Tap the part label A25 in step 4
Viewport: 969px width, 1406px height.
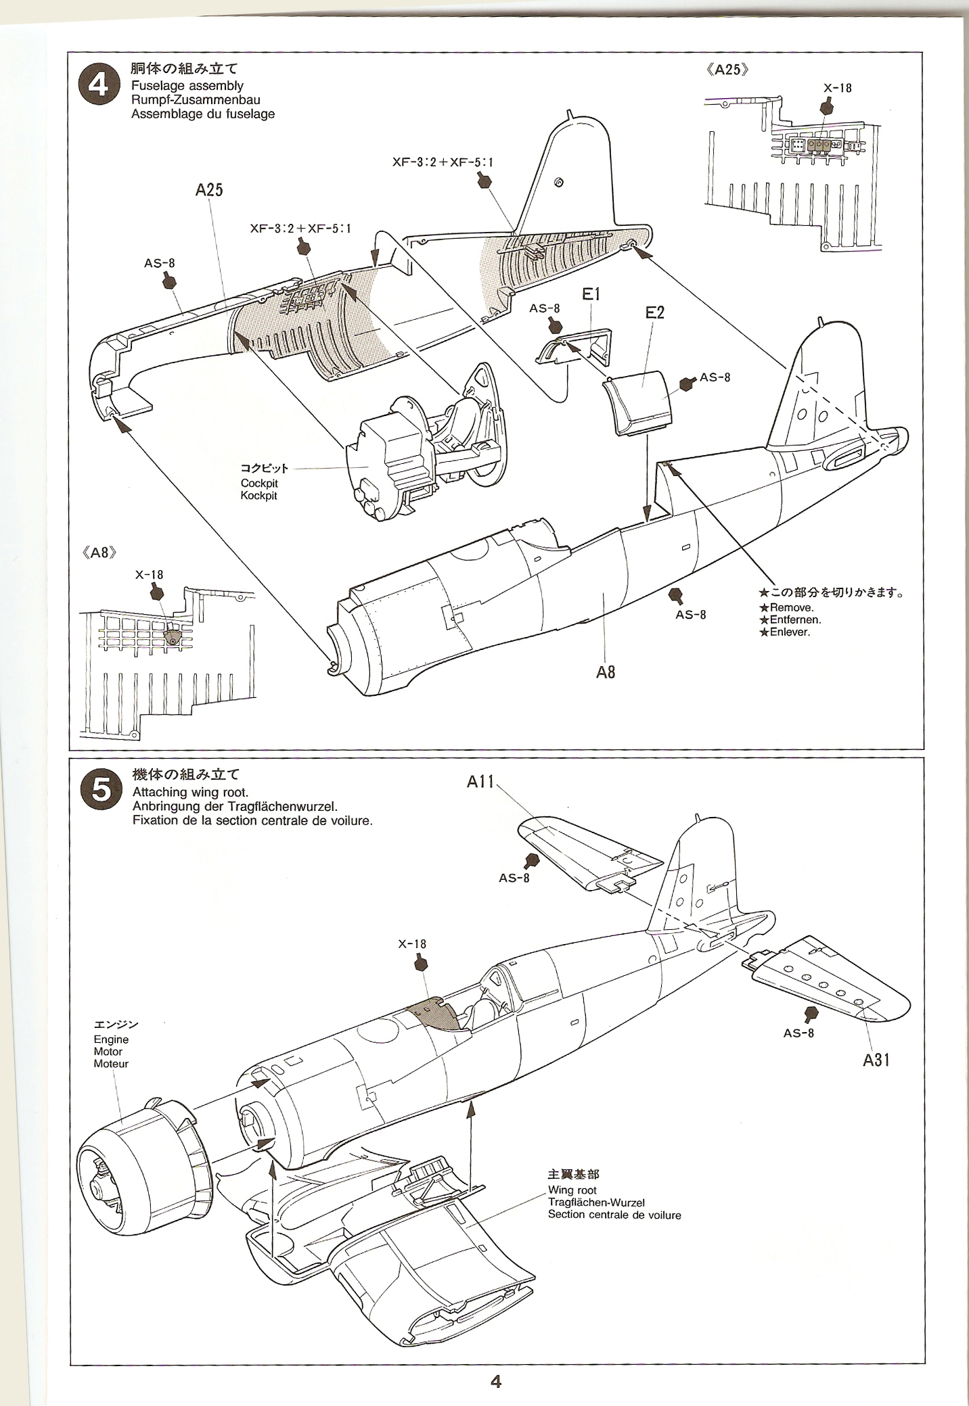pyautogui.click(x=209, y=190)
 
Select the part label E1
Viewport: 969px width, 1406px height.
pyautogui.click(x=591, y=294)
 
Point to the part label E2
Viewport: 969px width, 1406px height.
pyautogui.click(x=655, y=312)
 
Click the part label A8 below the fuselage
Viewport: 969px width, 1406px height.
pyautogui.click(x=606, y=672)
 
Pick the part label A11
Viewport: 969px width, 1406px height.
pyautogui.click(x=481, y=782)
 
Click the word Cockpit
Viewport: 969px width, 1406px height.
pyautogui.click(x=258, y=484)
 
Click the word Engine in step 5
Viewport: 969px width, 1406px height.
pyautogui.click(x=111, y=1039)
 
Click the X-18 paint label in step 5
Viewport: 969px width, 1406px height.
pyautogui.click(x=412, y=944)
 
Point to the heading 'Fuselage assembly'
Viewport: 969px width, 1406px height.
pyautogui.click(x=187, y=86)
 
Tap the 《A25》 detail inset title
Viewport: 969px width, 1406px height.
pyautogui.click(x=727, y=70)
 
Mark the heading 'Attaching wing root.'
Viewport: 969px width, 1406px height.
pyautogui.click(x=191, y=793)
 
